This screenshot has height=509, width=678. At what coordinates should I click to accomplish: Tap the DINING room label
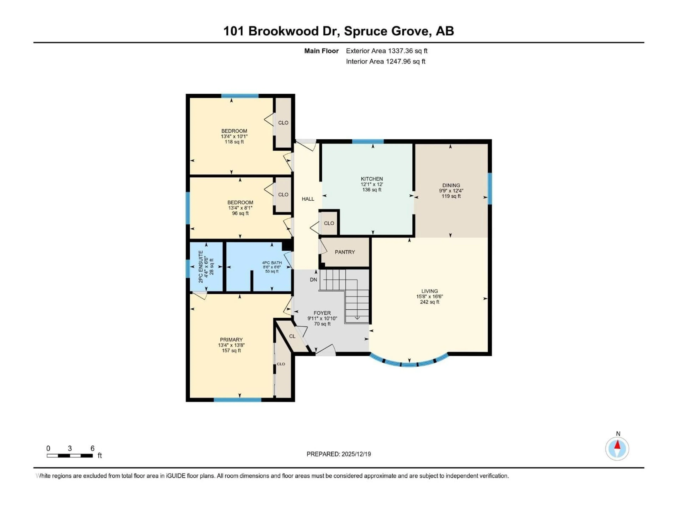tap(451, 185)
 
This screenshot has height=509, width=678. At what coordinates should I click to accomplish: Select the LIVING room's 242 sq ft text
tap(429, 302)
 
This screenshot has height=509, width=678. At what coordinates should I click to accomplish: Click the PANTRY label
tap(344, 252)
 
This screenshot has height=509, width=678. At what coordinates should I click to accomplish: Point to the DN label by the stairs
tap(313, 279)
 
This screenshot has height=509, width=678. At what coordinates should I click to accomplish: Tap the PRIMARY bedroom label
tap(231, 340)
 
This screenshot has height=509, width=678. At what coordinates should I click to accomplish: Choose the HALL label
tap(308, 199)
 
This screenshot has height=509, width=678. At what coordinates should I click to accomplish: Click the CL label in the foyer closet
tap(292, 336)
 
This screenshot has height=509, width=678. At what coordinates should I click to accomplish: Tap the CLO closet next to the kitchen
tap(329, 223)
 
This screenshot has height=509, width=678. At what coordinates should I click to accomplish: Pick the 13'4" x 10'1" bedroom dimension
tap(234, 136)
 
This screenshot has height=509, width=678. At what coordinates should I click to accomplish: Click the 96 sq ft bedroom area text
tap(240, 213)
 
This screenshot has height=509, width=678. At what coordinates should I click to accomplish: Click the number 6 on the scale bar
tap(92, 448)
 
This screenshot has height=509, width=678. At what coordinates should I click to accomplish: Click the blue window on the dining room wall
tap(489, 188)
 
